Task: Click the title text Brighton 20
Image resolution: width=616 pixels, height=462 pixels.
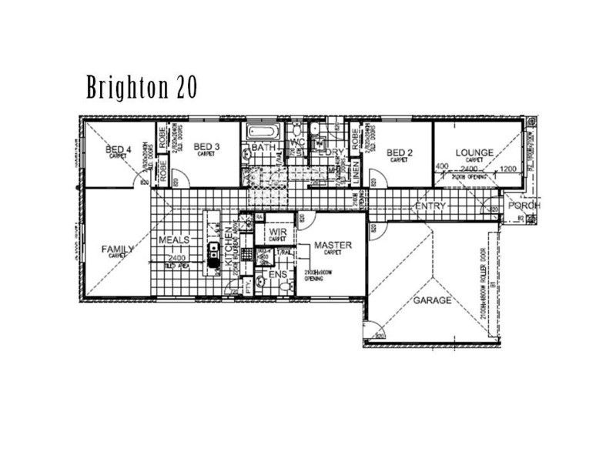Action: pyautogui.click(x=142, y=88)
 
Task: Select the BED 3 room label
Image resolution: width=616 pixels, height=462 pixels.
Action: pyautogui.click(x=206, y=147)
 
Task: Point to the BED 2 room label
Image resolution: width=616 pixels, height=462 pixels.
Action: pyautogui.click(x=400, y=152)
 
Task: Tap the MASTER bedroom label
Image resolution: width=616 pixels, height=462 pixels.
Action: pyautogui.click(x=333, y=246)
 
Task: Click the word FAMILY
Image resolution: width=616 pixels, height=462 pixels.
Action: pyautogui.click(x=118, y=249)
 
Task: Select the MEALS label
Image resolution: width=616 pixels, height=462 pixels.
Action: pyautogui.click(x=173, y=240)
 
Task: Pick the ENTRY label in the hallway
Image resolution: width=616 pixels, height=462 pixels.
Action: pyautogui.click(x=430, y=206)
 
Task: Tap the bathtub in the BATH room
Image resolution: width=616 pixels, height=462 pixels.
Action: pyautogui.click(x=264, y=132)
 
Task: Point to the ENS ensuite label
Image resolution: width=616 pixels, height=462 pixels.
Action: pyautogui.click(x=276, y=273)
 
